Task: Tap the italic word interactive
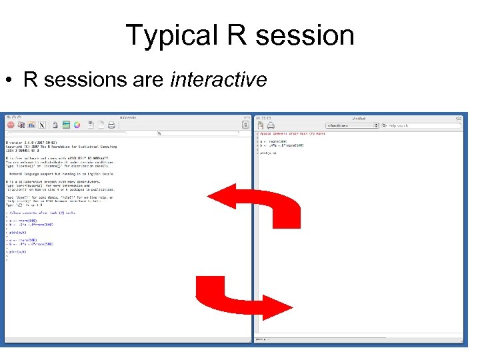(x=219, y=80)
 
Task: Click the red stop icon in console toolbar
(x=11, y=125)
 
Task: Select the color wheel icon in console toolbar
(x=77, y=125)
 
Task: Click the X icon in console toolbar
(x=42, y=125)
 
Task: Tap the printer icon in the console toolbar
(x=112, y=125)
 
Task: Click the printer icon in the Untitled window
(x=265, y=125)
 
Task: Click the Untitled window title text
(x=358, y=117)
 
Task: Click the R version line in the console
(x=33, y=143)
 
